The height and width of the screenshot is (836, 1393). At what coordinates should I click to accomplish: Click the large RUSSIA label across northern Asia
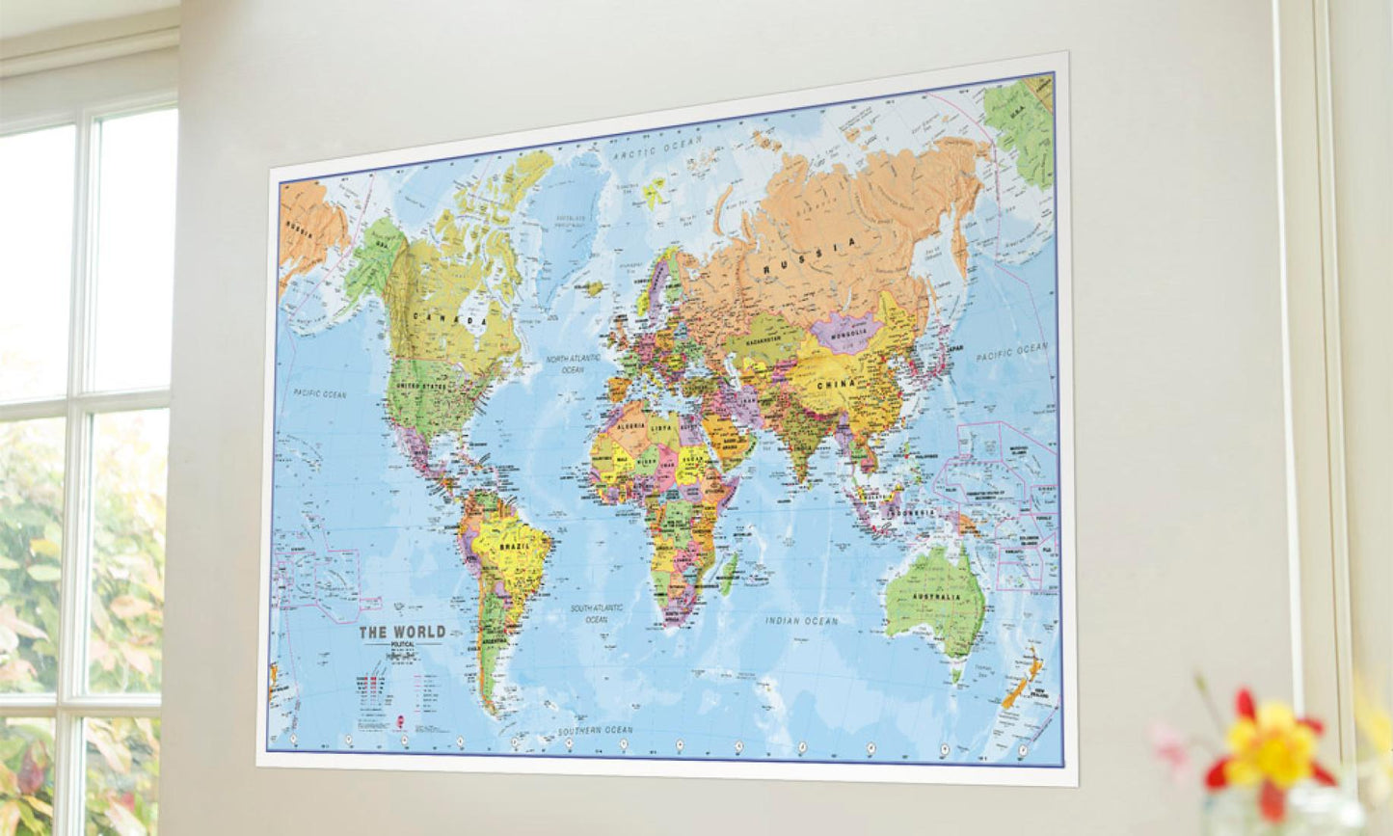[810, 257]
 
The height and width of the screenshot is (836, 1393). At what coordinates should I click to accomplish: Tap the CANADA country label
[450, 319]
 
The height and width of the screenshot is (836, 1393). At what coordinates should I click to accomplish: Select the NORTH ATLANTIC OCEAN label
[573, 364]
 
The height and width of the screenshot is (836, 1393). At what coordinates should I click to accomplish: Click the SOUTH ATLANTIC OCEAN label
[596, 613]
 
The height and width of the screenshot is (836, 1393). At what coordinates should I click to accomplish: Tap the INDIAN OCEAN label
[802, 621]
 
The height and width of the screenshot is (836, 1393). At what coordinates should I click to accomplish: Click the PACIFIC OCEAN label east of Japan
[1010, 352]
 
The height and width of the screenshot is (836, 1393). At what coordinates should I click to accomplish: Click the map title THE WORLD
[402, 633]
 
